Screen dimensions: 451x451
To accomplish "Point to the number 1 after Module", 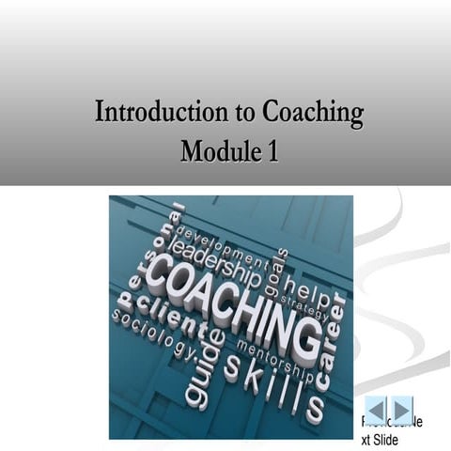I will tap(272, 149).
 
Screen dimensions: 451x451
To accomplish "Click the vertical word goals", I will tap(279, 272).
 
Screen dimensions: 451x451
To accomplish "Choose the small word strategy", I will tap(305, 307).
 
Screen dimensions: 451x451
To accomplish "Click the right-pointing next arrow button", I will tap(402, 410).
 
